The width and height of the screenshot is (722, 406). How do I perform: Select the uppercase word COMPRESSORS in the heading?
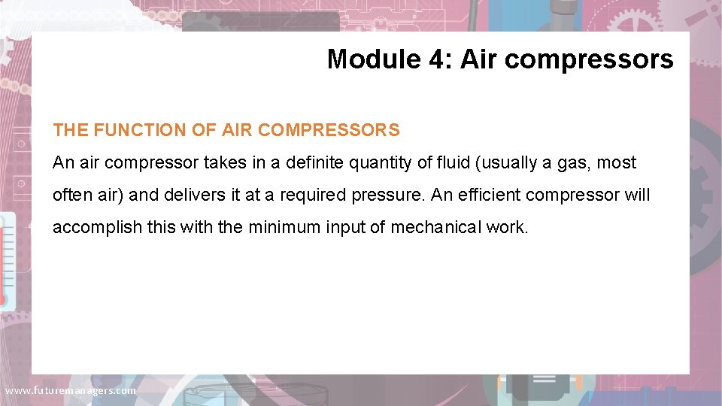tap(329, 130)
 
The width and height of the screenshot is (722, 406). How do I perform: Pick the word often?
tap(69, 195)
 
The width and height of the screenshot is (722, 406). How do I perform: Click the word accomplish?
tap(97, 228)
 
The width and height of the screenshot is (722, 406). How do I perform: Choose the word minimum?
tap(283, 227)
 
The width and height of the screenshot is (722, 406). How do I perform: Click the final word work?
tap(509, 227)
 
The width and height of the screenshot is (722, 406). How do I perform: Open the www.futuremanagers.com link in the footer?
tap(70, 391)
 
